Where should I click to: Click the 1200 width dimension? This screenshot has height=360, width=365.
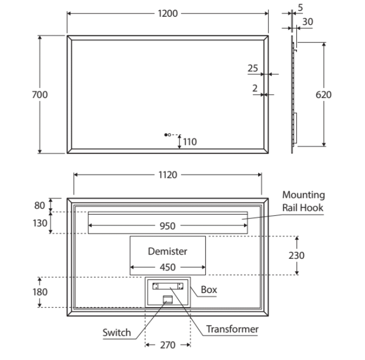[167, 14]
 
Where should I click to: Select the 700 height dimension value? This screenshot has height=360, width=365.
[40, 95]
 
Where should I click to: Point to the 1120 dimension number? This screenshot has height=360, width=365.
[167, 175]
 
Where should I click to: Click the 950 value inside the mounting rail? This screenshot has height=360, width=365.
[167, 226]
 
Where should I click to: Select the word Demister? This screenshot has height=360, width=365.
[167, 251]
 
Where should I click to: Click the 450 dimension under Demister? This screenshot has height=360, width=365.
[167, 266]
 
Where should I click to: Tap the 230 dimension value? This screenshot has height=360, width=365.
[296, 255]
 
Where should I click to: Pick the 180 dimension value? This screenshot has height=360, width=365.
[40, 292]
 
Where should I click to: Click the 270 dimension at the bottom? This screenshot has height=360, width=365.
[167, 345]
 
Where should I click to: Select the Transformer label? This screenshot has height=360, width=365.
[232, 329]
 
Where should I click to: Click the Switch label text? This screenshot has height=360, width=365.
[117, 332]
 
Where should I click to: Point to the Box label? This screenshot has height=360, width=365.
[208, 290]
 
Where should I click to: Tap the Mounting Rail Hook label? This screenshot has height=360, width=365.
[303, 201]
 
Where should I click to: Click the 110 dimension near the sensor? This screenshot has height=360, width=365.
[190, 142]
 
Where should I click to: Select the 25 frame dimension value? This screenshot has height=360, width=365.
[253, 69]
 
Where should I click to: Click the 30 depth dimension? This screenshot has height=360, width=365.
[308, 22]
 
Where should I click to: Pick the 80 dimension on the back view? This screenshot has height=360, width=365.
[40, 205]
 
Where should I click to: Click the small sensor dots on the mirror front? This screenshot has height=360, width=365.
[167, 134]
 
